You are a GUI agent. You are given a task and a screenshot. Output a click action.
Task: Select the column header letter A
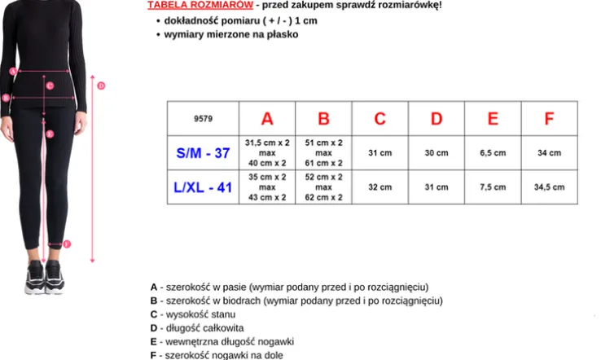point(267,119)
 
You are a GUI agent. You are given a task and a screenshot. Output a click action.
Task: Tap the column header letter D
point(436,119)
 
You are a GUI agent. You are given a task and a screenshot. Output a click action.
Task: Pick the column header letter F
point(549,119)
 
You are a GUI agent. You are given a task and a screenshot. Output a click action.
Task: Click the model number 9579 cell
point(204,119)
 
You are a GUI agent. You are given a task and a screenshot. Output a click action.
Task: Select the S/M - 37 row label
point(204,153)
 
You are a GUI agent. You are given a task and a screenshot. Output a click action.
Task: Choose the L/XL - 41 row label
point(204,187)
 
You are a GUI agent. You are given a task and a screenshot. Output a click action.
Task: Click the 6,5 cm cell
point(493,153)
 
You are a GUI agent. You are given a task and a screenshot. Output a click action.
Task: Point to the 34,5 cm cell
point(549,187)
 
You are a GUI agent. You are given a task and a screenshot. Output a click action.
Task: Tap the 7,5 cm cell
point(493,187)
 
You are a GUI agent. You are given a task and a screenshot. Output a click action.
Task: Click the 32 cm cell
point(379,187)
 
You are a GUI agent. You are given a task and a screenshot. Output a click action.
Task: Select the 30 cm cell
point(436,153)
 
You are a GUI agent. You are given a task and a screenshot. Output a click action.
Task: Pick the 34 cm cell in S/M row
point(549,153)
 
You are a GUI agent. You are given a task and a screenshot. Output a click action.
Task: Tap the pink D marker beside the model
point(102,86)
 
